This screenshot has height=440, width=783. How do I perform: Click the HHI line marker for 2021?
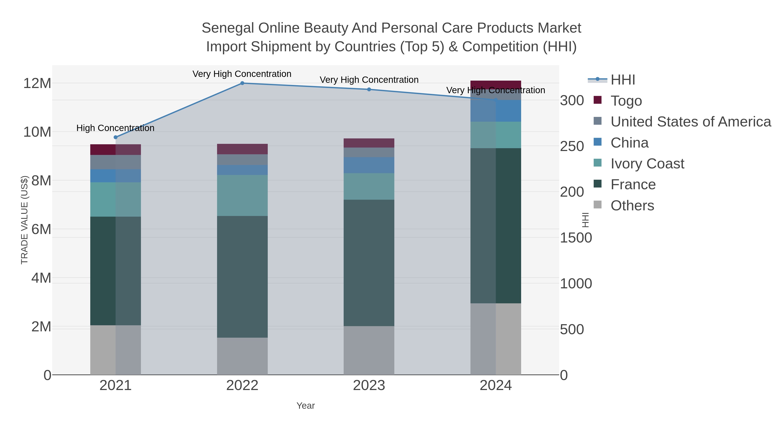[115, 137]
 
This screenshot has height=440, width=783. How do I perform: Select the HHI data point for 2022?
[242, 83]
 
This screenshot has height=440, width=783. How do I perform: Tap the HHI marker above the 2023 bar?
[369, 89]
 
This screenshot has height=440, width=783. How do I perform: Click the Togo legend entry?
[626, 101]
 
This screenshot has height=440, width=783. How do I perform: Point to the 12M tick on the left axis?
[37, 83]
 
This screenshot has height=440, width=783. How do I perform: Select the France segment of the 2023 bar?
[369, 263]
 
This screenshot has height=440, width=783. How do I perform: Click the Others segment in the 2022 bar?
[242, 356]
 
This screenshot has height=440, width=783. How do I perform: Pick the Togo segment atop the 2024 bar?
[496, 85]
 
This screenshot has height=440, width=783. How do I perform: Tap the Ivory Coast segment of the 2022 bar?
[242, 195]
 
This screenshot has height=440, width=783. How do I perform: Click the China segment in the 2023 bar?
[369, 165]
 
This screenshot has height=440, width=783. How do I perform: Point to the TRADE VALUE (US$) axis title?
[24, 220]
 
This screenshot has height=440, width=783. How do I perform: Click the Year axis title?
[306, 406]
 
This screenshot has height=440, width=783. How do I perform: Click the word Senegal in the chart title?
[228, 28]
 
